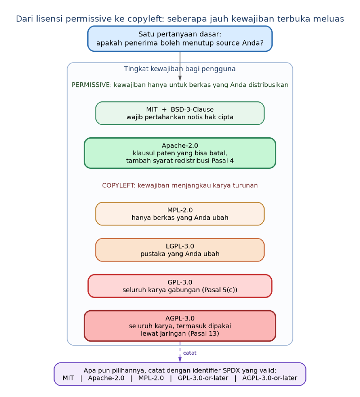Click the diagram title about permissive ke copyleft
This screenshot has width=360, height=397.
click(180, 19)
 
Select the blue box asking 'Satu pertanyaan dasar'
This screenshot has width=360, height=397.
click(180, 39)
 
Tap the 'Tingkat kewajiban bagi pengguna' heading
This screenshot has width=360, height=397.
click(180, 68)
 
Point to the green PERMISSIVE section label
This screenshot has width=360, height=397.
click(180, 85)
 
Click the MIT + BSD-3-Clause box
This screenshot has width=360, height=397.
click(180, 113)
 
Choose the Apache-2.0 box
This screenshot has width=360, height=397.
click(180, 153)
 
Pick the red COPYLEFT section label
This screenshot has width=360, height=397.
click(180, 185)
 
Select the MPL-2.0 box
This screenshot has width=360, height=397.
click(180, 214)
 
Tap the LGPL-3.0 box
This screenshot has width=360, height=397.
click(180, 250)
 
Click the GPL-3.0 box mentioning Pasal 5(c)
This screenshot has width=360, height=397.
click(180, 286)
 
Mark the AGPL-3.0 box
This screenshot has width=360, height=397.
click(180, 326)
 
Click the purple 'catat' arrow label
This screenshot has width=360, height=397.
click(189, 353)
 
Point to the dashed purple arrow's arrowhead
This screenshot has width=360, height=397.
click(180, 359)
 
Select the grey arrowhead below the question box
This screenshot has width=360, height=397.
click(180, 78)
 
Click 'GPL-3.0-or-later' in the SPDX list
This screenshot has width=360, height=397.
click(203, 378)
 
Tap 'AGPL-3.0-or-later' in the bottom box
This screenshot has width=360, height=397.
click(270, 378)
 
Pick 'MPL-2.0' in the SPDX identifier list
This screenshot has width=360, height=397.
click(151, 378)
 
